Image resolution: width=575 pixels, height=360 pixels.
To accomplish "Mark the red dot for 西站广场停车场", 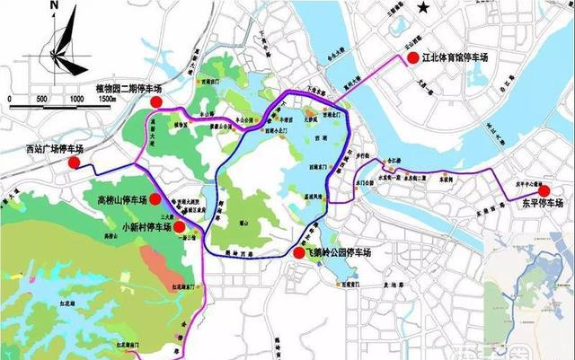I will [x=75, y=163].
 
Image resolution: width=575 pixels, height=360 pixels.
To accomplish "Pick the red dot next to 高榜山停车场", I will [x=155, y=199].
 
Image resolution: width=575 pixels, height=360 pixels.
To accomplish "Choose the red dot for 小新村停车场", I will [x=179, y=228].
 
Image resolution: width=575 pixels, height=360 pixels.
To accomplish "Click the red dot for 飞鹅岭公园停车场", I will [x=297, y=254].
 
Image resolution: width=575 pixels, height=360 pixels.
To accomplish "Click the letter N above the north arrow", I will [x=55, y=6].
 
